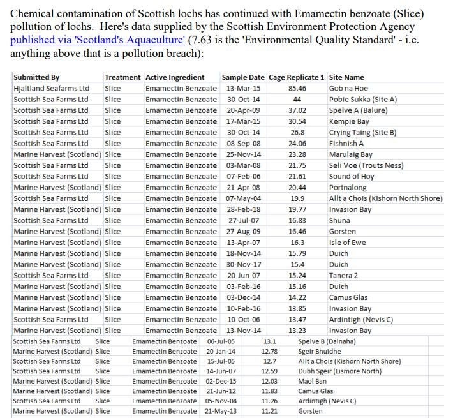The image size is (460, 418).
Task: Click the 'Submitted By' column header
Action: click(36, 77)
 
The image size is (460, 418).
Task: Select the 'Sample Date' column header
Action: click(242, 77)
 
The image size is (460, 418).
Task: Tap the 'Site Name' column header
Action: click(346, 77)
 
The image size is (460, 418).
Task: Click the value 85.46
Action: click(297, 88)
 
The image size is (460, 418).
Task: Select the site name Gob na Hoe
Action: click(348, 88)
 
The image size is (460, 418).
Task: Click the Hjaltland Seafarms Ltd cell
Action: click(51, 88)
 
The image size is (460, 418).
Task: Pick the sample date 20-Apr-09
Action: click(243, 110)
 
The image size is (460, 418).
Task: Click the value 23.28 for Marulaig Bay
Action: click(297, 154)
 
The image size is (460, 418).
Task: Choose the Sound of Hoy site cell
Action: click(352, 177)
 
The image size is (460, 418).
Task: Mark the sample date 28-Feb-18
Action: click(243, 210)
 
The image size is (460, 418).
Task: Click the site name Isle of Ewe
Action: click(347, 243)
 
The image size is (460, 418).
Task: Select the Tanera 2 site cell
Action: click(343, 276)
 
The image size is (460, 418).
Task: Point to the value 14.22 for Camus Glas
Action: click(297, 298)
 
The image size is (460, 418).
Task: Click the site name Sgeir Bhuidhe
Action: click(320, 352)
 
